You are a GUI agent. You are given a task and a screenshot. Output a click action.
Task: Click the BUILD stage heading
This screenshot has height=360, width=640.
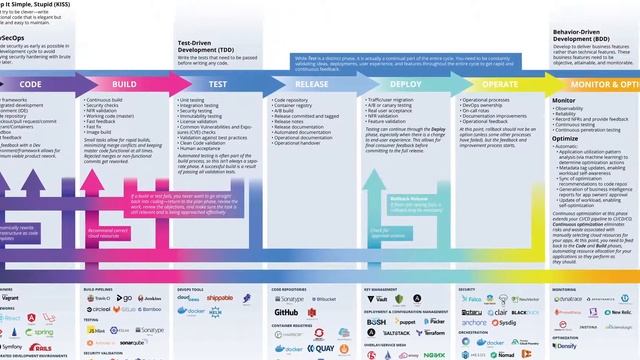click(x=124, y=85)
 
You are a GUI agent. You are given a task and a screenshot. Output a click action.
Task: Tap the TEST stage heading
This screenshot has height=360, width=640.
click(x=216, y=85)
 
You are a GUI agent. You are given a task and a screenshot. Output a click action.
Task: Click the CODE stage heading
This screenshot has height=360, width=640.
click(x=30, y=85)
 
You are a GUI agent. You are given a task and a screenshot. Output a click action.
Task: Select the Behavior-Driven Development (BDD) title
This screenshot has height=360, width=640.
click(x=582, y=38)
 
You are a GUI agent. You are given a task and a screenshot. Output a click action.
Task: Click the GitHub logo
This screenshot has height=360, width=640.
click(x=287, y=311)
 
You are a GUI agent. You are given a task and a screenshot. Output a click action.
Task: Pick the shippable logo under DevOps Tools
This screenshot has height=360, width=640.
click(x=223, y=298)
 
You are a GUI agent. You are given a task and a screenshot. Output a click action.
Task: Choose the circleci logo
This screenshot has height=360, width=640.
click(x=99, y=310)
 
